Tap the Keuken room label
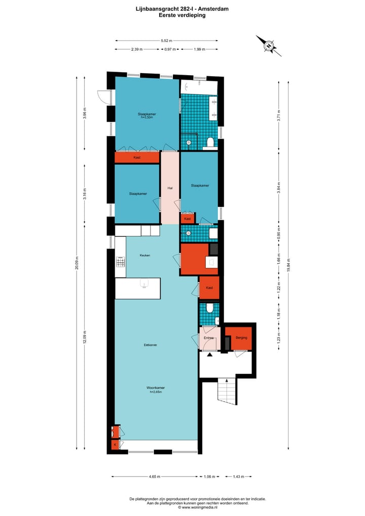tap(145, 255)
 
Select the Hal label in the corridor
tap(170, 188)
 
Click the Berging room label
tap(241, 337)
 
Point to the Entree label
tap(208, 338)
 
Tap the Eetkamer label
tap(151, 345)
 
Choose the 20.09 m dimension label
tap(77, 263)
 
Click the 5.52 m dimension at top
tap(166, 40)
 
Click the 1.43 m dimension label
tap(239, 477)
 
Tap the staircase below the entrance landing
tap(227, 392)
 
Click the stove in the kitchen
tap(121, 262)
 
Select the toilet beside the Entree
tap(210, 308)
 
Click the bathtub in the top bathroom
tap(199, 87)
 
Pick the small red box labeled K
tap(115, 445)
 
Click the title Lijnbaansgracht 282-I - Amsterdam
tap(182, 9)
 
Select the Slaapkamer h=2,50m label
tap(147, 116)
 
